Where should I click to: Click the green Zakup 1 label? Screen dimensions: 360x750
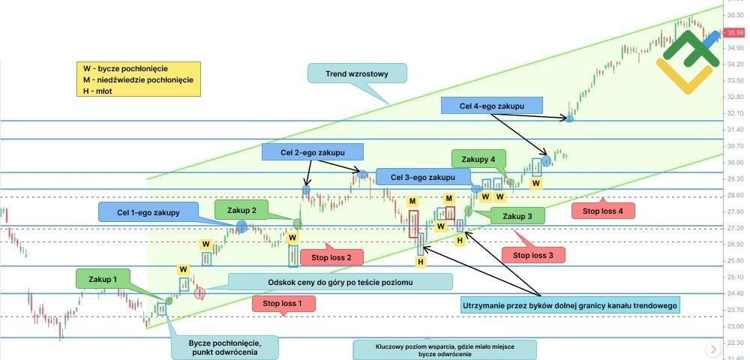click(x=103, y=279)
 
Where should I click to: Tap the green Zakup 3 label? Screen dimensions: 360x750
click(x=517, y=216)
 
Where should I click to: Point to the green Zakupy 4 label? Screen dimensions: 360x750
click(x=478, y=159)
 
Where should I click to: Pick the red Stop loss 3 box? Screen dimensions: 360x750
click(x=532, y=255)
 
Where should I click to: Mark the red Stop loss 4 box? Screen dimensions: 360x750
click(x=603, y=211)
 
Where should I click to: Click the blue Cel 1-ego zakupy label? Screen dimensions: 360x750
click(x=149, y=213)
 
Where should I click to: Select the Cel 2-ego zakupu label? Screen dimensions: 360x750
click(x=312, y=152)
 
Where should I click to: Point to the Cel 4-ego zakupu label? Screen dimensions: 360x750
click(x=491, y=106)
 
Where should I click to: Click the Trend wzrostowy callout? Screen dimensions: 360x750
click(x=356, y=73)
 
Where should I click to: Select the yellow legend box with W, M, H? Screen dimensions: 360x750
click(x=138, y=79)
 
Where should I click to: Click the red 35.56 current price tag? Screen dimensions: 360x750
click(x=735, y=32)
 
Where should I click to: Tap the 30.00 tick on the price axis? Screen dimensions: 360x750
click(x=735, y=162)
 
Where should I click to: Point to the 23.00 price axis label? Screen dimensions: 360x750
click(x=735, y=326)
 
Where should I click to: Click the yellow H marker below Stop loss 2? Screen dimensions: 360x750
click(x=421, y=262)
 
